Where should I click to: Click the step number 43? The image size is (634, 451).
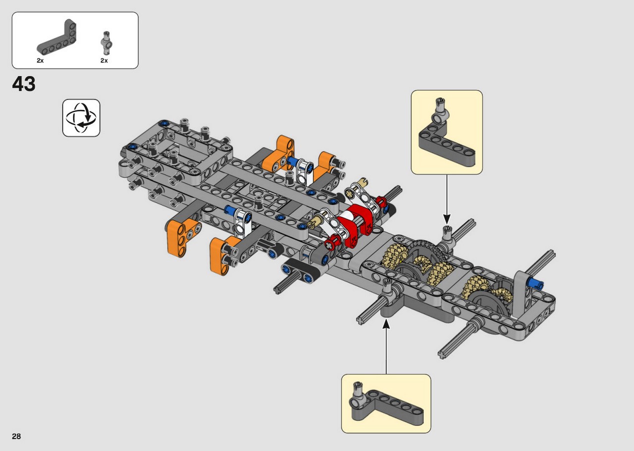pos(24,84)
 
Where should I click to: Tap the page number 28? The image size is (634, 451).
pos(16,436)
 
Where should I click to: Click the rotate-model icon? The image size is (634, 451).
pos(81,118)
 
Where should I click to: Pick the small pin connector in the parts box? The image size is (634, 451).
pos(106,43)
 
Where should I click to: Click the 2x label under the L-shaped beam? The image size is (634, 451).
pos(40,60)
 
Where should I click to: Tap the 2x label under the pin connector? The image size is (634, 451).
pos(104,60)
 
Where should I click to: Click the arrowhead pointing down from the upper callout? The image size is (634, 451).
pos(447,219)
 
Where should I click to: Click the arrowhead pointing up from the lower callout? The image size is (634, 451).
pos(386,324)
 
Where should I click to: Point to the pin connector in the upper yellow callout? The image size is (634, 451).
pos(440,113)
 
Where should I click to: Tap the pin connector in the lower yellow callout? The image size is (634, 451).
pos(357,396)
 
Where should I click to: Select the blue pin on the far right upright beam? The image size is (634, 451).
pos(535,283)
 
